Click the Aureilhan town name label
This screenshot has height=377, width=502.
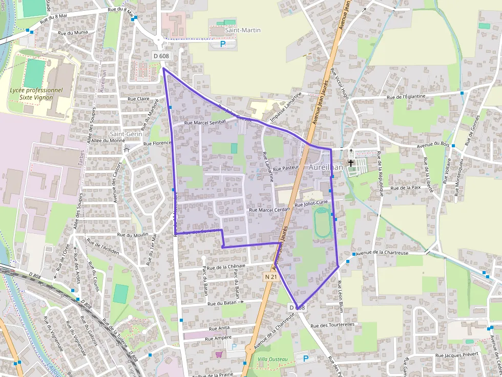(x=326, y=167)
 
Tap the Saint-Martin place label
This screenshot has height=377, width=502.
(x=243, y=30)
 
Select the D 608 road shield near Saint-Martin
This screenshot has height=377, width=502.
(x=161, y=55)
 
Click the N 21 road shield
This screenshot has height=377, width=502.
(x=271, y=277)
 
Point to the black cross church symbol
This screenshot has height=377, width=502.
(x=351, y=163)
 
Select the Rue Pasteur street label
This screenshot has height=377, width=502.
(x=286, y=168)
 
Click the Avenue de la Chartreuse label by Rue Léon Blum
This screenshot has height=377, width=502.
(x=382, y=253)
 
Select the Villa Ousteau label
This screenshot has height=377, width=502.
(x=273, y=360)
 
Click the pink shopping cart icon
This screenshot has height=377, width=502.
(x=219, y=354)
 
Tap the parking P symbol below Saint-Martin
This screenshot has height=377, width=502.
(x=223, y=45)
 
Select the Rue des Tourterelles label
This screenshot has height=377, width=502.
(x=332, y=325)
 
